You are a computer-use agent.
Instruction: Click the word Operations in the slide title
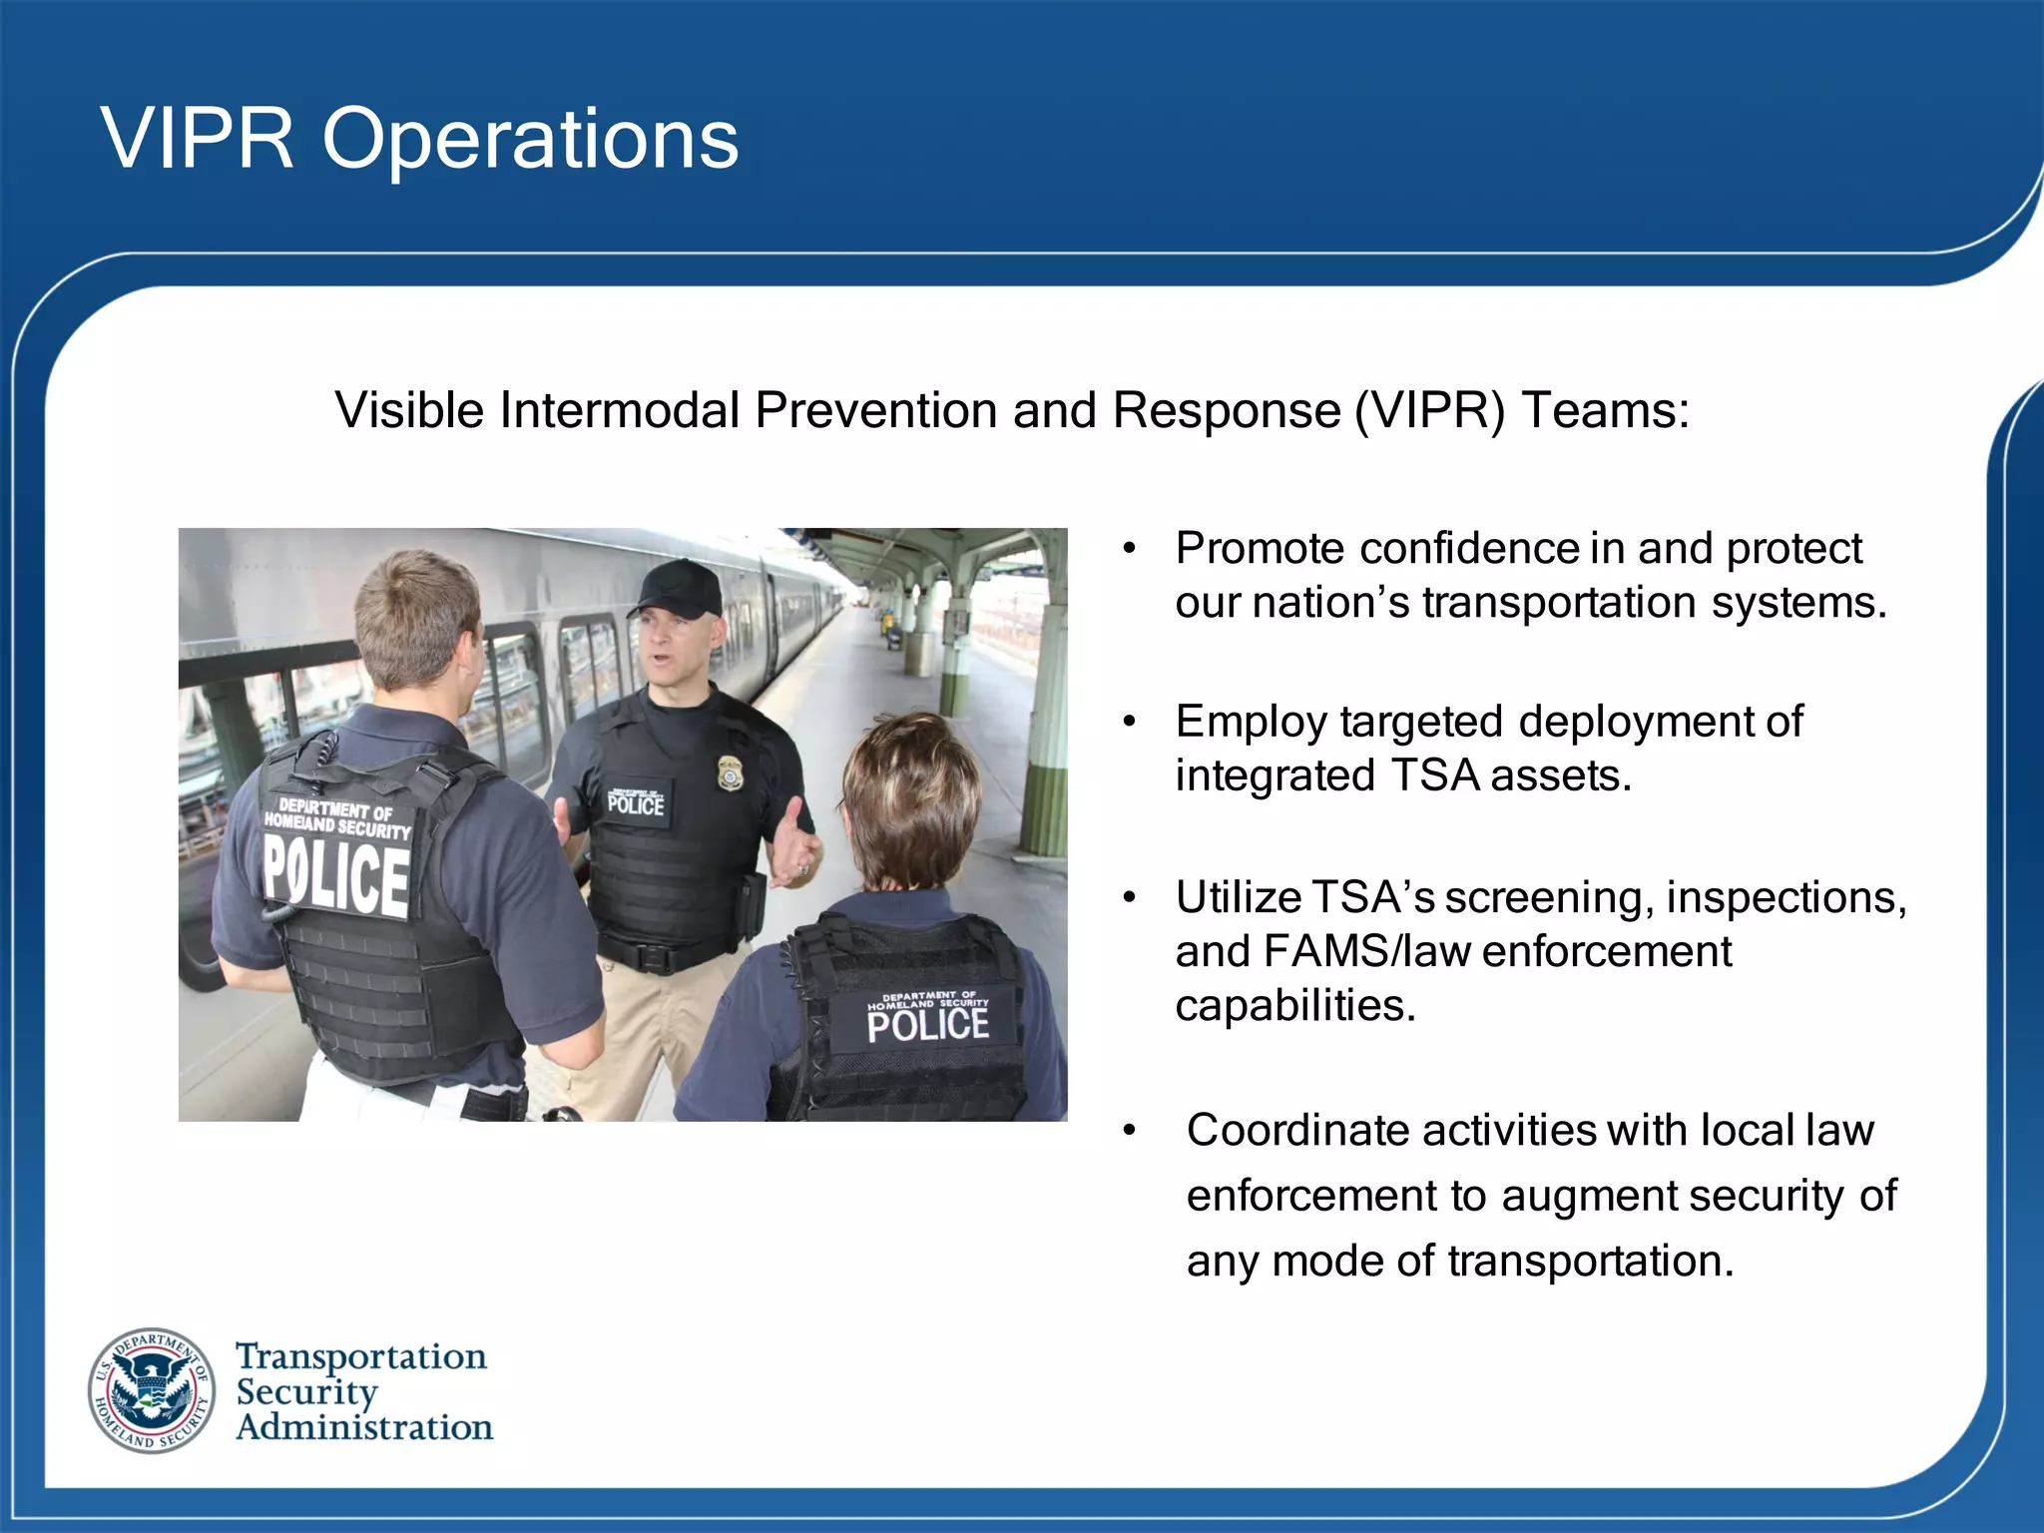pos(530,140)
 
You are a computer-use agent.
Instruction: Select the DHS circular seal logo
pos(152,1390)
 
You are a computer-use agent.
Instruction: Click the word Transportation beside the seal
pos(361,1356)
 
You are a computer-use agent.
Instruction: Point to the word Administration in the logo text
pos(364,1427)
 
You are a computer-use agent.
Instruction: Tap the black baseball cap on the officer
pos(679,588)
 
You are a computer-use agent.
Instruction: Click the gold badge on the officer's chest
pos(731,772)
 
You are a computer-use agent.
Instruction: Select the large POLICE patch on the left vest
pos(336,876)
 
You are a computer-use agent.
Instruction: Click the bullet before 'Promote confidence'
pos(1129,549)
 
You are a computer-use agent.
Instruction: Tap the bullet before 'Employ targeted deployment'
pos(1129,722)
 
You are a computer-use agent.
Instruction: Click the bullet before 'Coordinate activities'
pos(1129,1131)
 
